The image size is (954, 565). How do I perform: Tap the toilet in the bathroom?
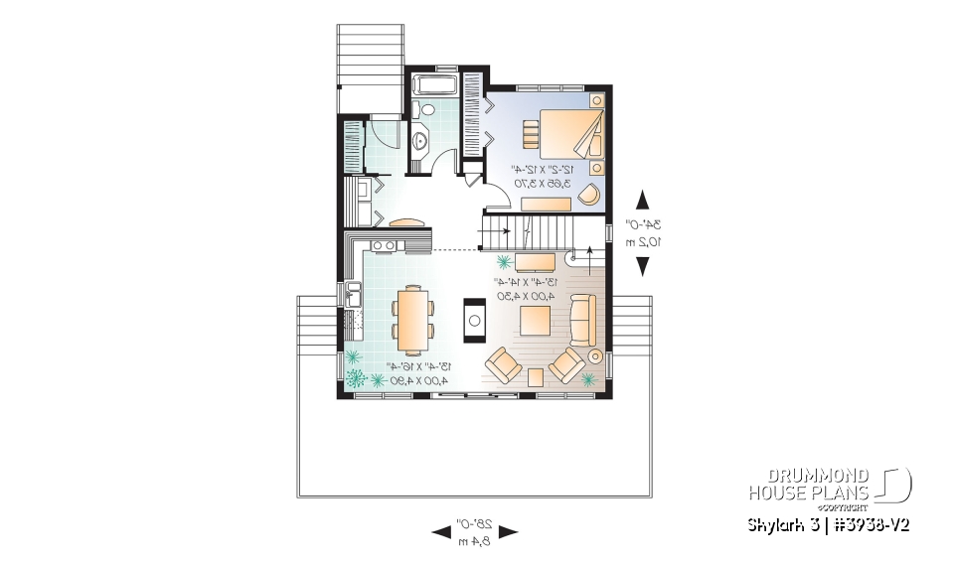coord(425,109)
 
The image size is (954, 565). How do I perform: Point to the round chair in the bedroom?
coord(589,194)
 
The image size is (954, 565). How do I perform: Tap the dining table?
coord(410,319)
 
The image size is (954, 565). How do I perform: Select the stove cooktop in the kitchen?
coord(383,244)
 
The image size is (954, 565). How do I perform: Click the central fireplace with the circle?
coord(475,320)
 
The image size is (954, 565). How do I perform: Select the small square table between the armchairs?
coord(536,375)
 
